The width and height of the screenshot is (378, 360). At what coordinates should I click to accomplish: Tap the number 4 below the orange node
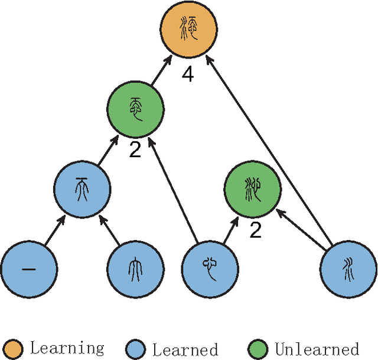pos(188,76)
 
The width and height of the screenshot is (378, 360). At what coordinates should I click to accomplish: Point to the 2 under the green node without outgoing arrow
pos(255,230)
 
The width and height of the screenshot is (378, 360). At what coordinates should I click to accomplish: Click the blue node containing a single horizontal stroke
pos(29,269)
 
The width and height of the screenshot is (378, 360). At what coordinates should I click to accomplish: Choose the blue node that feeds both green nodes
pos(208,269)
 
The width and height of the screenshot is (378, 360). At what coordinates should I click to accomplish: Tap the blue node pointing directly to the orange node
pos(348,269)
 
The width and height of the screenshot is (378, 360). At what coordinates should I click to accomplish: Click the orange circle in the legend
pos(13,348)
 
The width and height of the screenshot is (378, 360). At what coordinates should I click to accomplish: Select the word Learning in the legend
pos(67,348)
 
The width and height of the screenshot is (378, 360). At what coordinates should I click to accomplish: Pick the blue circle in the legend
pos(136,348)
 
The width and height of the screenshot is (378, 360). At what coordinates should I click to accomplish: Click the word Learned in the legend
pos(185,349)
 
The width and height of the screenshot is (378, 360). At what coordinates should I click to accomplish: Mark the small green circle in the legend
pos(259,348)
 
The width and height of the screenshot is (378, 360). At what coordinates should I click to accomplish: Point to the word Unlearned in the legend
pos(317,349)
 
